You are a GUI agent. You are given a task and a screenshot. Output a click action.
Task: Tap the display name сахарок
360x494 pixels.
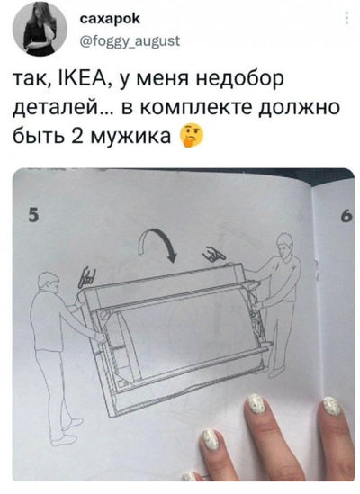tap(110, 18)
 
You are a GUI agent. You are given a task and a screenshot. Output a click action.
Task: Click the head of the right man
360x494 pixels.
tap(283, 242)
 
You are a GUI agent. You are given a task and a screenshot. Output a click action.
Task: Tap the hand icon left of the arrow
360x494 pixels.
tap(88, 276)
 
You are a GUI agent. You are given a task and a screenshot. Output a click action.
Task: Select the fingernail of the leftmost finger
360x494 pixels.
tap(211, 440)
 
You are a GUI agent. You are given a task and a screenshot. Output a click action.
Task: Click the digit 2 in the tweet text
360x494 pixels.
tap(68, 139)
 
